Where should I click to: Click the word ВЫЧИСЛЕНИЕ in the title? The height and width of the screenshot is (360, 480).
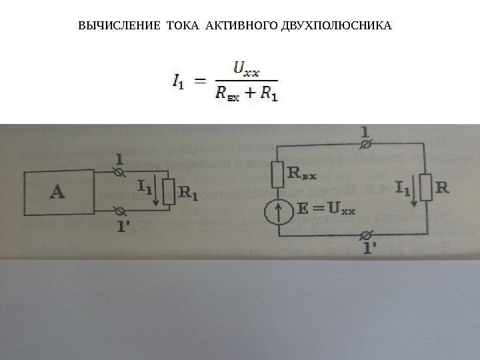pos(111,27)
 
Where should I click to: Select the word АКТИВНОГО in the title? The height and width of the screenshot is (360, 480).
pos(230,27)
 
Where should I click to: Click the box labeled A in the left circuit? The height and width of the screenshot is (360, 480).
pos(59,193)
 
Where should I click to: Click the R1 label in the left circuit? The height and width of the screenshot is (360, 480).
pos(189,195)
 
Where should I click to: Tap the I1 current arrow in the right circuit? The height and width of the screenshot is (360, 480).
pos(414,191)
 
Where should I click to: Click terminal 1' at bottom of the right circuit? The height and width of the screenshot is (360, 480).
pos(365,235)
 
